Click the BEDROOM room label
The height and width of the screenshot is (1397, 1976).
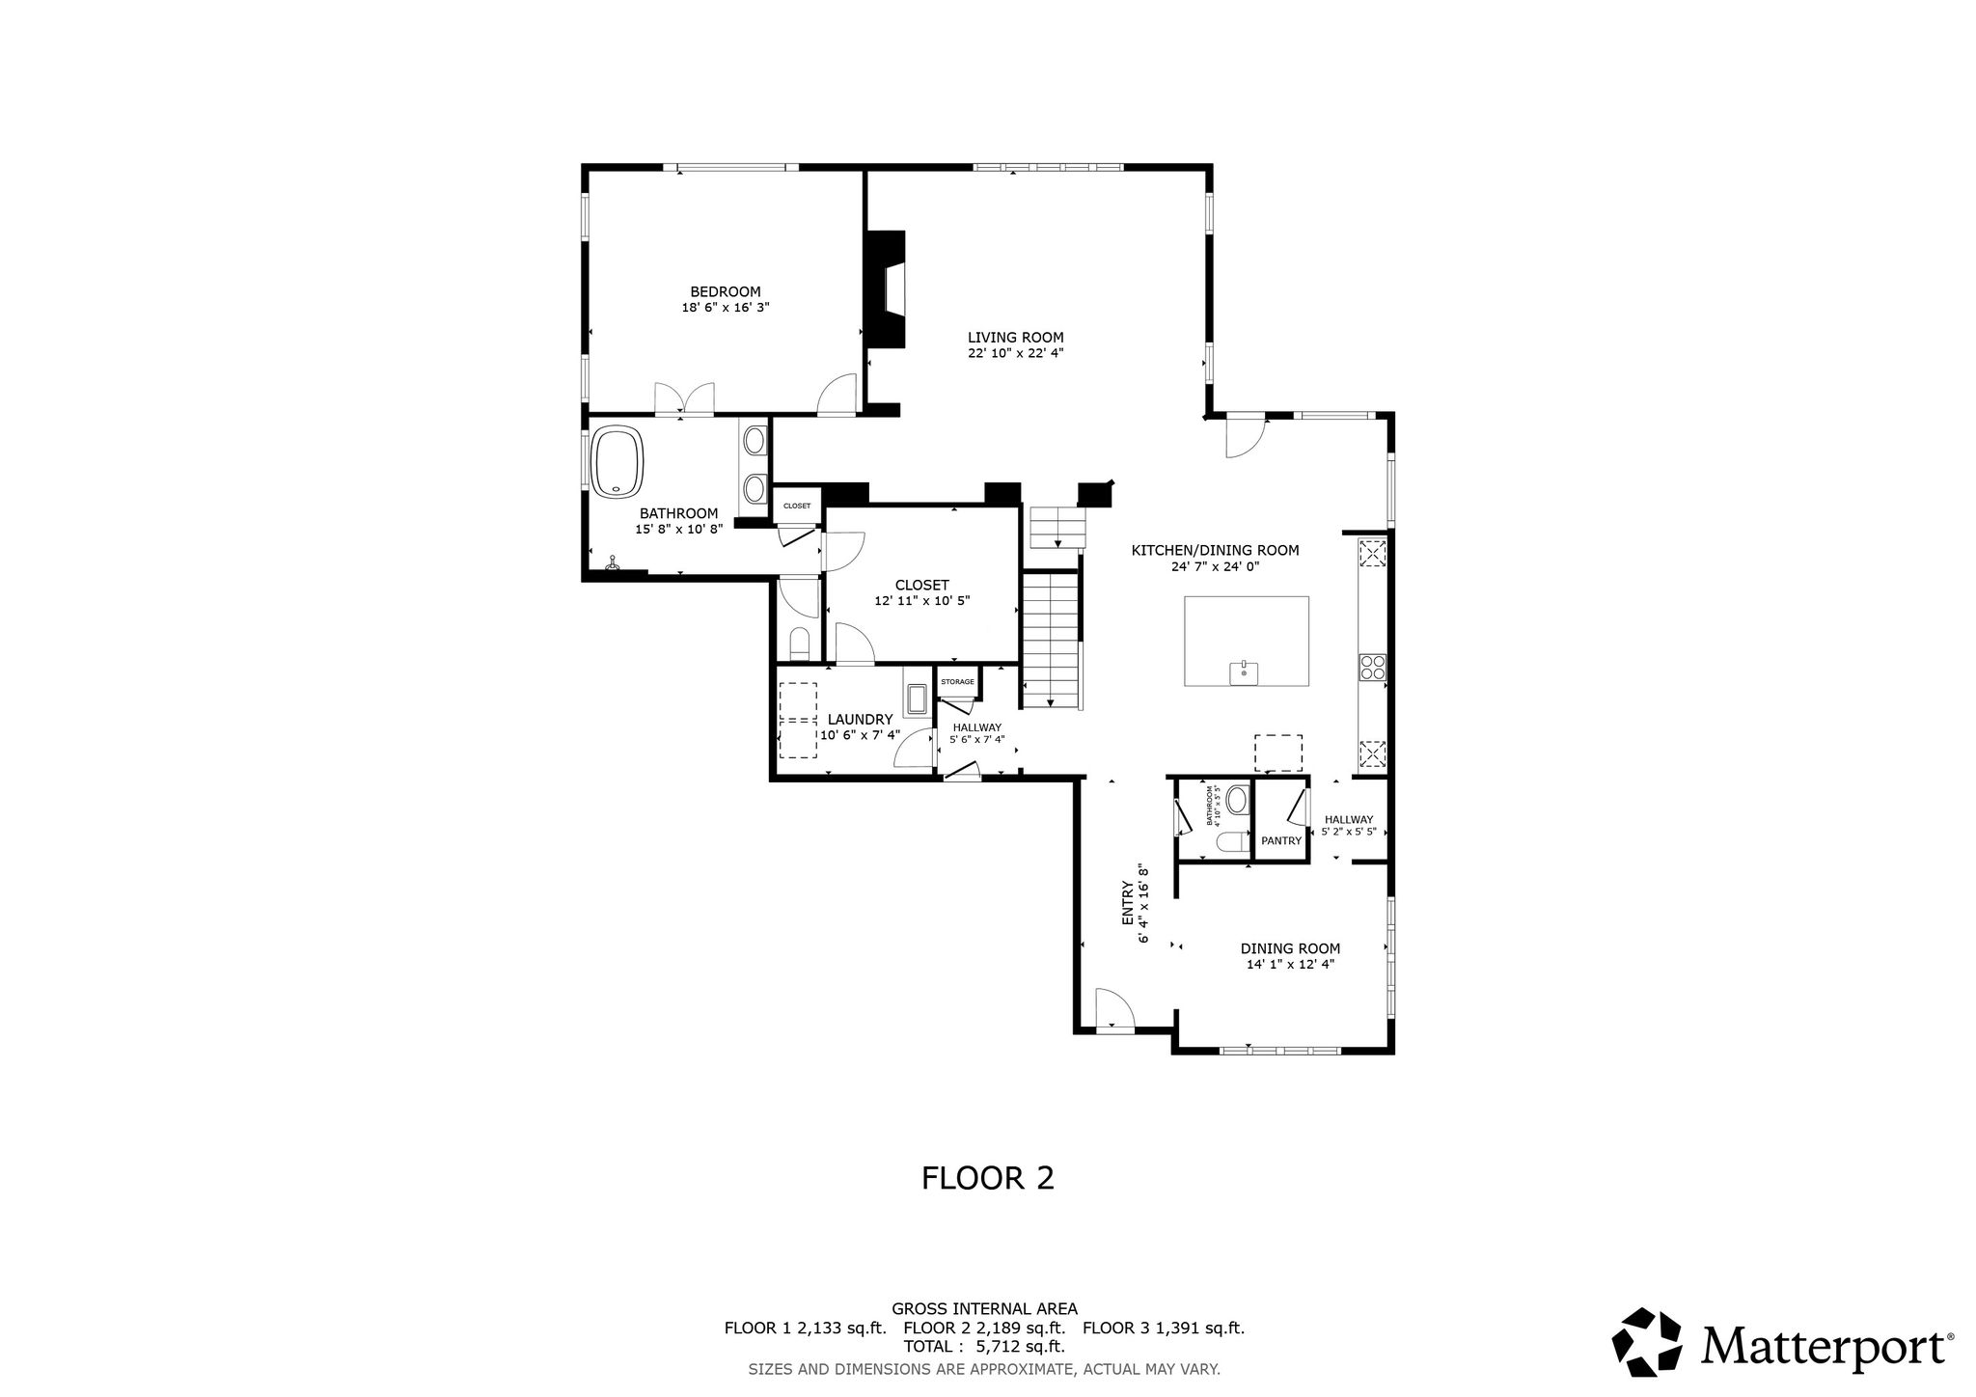(x=725, y=291)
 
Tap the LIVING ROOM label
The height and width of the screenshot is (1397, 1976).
(x=1015, y=338)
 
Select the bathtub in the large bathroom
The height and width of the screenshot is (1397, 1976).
(x=618, y=462)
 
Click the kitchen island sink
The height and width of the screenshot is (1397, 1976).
(x=1244, y=671)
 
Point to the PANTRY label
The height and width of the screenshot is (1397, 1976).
(x=1281, y=841)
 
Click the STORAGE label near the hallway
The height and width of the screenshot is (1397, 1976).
(x=958, y=682)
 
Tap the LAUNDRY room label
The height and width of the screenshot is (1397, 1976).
(x=860, y=720)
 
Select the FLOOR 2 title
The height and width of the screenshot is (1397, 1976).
(x=988, y=1178)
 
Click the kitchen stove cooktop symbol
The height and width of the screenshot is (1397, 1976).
(x=1372, y=668)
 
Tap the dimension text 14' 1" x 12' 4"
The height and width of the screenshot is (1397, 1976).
(x=1290, y=964)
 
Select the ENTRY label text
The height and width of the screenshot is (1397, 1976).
(x=1127, y=904)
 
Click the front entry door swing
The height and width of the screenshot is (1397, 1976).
(x=1114, y=1010)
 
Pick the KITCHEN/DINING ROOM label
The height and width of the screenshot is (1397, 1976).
(x=1215, y=551)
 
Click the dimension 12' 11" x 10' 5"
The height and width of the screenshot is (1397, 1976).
(x=921, y=600)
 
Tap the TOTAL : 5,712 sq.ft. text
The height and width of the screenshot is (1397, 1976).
(x=984, y=1347)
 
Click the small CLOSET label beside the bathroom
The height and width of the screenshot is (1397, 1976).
(x=797, y=506)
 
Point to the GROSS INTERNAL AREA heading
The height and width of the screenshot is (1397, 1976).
(x=984, y=1309)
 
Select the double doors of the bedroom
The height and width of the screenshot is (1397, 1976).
(x=684, y=399)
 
